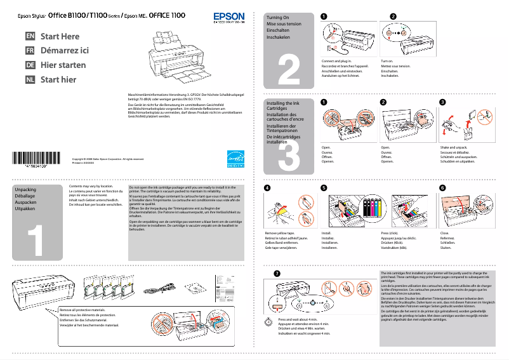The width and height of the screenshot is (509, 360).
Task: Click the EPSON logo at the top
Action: (x=228, y=18)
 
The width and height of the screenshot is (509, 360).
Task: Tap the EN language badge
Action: (x=30, y=37)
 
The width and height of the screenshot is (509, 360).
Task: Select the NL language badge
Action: (x=30, y=79)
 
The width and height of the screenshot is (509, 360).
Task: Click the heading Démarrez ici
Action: (x=64, y=51)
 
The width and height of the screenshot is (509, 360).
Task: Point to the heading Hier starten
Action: (x=63, y=65)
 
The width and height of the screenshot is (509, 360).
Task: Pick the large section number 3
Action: (x=289, y=152)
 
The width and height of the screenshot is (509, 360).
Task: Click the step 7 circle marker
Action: (x=275, y=273)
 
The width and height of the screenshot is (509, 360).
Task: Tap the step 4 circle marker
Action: (x=267, y=188)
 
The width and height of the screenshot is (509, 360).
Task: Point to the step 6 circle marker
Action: (x=442, y=188)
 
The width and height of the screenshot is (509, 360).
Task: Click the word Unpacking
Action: (x=25, y=190)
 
